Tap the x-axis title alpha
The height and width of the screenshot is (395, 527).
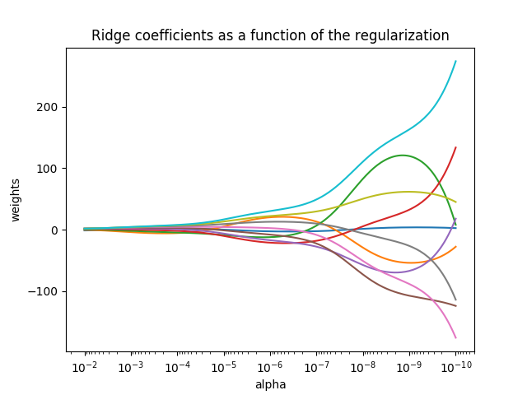point(270,384)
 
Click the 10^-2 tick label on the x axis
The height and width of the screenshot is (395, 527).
point(85,367)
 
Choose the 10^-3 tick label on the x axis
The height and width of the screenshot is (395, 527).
point(131,367)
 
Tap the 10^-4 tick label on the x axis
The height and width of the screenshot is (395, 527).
point(177,367)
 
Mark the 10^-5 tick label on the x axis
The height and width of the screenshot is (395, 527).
point(224,367)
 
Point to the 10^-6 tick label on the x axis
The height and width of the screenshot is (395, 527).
point(270,367)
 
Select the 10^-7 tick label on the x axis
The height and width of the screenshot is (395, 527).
point(316,367)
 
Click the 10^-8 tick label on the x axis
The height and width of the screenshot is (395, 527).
point(363,367)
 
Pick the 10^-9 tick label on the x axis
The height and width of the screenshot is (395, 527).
point(409,367)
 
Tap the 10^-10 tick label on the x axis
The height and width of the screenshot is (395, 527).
point(455,367)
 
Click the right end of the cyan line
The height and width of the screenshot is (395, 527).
point(455,61)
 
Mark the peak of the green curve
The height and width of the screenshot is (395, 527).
point(403,155)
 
